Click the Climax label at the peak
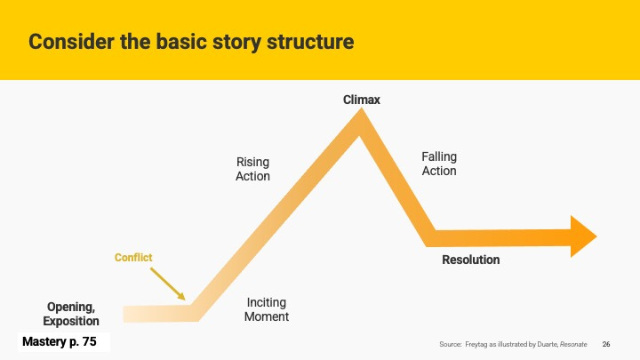pos(361,100)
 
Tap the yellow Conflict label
pos(133,258)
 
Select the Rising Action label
pos(252,169)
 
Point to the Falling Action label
pos(439,164)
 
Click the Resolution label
pos(470,260)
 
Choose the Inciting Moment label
pos(267,309)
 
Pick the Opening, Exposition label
pos(71,314)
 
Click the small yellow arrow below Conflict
pos(168,284)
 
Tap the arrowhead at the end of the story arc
pos(584,236)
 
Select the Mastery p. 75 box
pos(64,341)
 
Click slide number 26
pos(606,345)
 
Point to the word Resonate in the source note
pos(573,345)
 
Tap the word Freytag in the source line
pos(476,345)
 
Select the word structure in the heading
pos(310,42)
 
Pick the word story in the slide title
pos(237,43)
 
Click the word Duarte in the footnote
pos(548,345)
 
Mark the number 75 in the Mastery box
pos(90,341)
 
